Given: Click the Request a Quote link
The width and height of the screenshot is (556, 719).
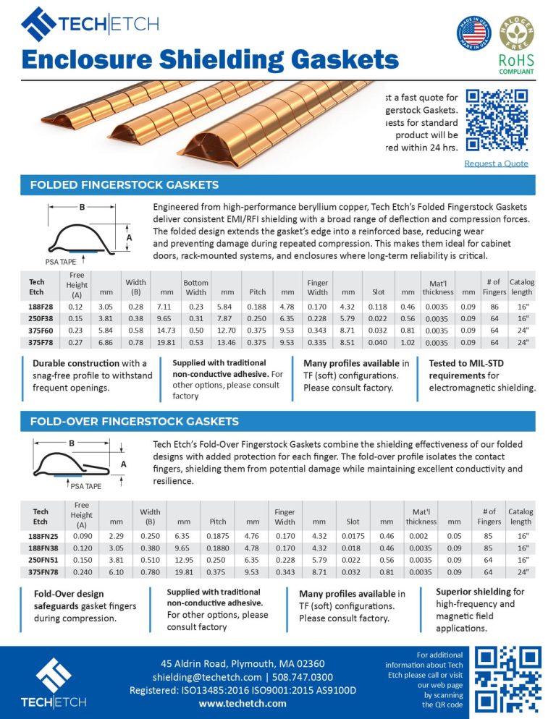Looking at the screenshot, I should click(496, 163).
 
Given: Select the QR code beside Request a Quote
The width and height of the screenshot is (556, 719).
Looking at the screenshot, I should click(496, 121).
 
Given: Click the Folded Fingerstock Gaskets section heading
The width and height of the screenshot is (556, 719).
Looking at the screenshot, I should click(125, 185).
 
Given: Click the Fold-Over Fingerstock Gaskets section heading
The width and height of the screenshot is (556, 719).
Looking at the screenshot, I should click(135, 421).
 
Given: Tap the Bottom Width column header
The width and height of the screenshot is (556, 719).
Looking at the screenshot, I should click(195, 287).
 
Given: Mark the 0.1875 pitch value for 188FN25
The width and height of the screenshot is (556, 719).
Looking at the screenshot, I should click(217, 536).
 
